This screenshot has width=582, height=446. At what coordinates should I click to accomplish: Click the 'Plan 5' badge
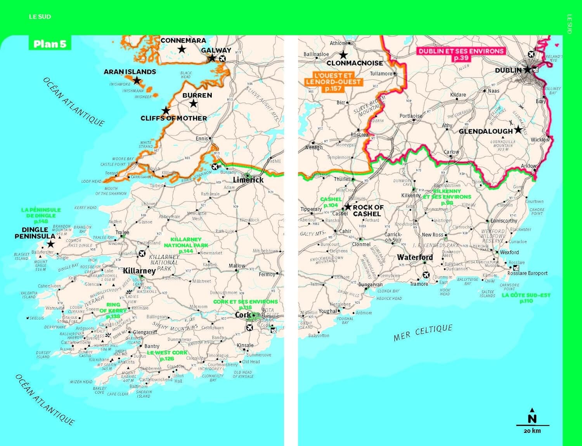coord(50,44)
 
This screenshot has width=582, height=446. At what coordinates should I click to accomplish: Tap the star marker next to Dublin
coord(527,70)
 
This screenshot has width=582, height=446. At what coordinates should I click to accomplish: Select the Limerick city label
coord(248,180)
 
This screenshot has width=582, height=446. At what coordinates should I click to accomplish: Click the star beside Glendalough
coord(518,130)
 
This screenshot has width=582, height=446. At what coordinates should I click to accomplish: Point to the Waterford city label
coord(415,257)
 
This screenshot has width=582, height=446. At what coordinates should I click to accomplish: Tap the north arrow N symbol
coord(532,417)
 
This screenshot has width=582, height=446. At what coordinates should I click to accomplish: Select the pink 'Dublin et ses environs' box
coord(461,54)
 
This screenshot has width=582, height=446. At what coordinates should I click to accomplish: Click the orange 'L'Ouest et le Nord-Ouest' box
coord(333,82)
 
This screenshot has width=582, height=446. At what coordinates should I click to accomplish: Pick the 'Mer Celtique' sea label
coord(423,333)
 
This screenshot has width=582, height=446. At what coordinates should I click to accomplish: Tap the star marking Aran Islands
coord(137,81)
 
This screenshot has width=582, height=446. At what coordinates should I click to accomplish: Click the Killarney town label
coord(139,271)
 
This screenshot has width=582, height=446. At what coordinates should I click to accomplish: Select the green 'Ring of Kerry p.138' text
coord(113,310)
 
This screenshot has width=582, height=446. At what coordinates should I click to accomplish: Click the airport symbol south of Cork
coord(249,328)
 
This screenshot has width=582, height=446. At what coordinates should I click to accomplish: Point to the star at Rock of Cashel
coord(348,207)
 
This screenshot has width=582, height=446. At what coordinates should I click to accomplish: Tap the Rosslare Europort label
coord(527,273)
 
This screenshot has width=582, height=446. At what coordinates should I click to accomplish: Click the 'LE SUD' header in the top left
coord(40,17)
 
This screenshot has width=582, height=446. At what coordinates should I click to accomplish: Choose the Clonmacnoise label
coord(355,63)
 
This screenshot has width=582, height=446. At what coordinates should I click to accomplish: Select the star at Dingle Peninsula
coord(51,244)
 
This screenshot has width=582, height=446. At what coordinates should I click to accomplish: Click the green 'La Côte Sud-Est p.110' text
coord(526,298)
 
